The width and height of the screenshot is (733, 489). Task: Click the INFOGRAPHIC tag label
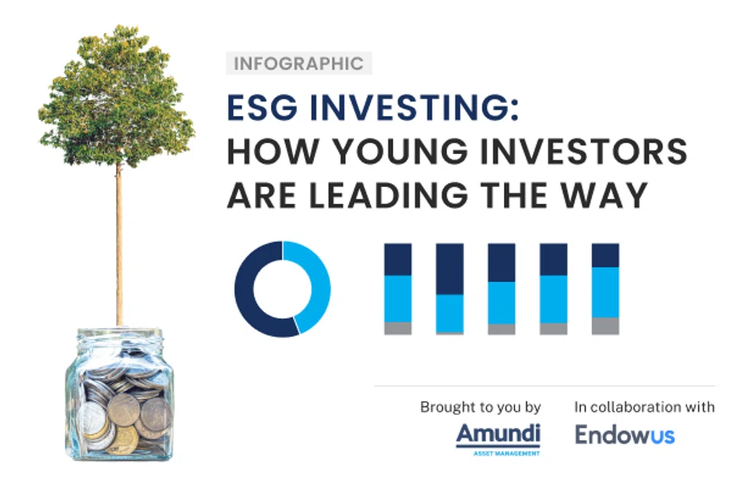tap(299, 63)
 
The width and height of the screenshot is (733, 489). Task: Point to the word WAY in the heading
tap(614, 195)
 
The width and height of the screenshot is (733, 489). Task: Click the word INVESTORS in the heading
tap(591, 153)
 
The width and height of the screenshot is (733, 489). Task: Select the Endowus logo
tap(625, 435)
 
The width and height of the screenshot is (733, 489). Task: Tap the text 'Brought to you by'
tap(480, 407)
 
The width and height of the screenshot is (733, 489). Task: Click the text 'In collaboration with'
tap(644, 407)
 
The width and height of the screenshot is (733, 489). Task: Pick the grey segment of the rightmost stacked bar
tap(605, 325)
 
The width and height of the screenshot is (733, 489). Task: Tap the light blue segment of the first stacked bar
tap(398, 298)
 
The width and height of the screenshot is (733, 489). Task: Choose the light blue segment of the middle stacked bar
tap(502, 302)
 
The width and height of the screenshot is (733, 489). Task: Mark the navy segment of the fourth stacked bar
tap(554, 259)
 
